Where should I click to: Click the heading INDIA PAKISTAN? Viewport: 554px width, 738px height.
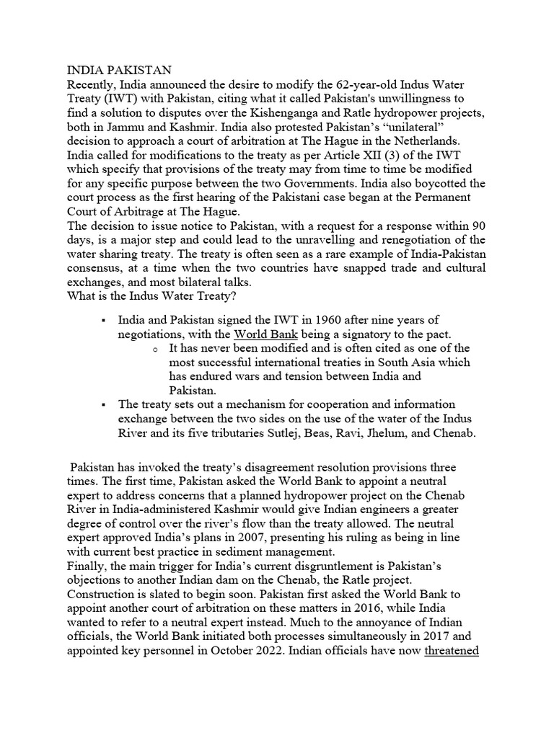(x=119, y=70)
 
